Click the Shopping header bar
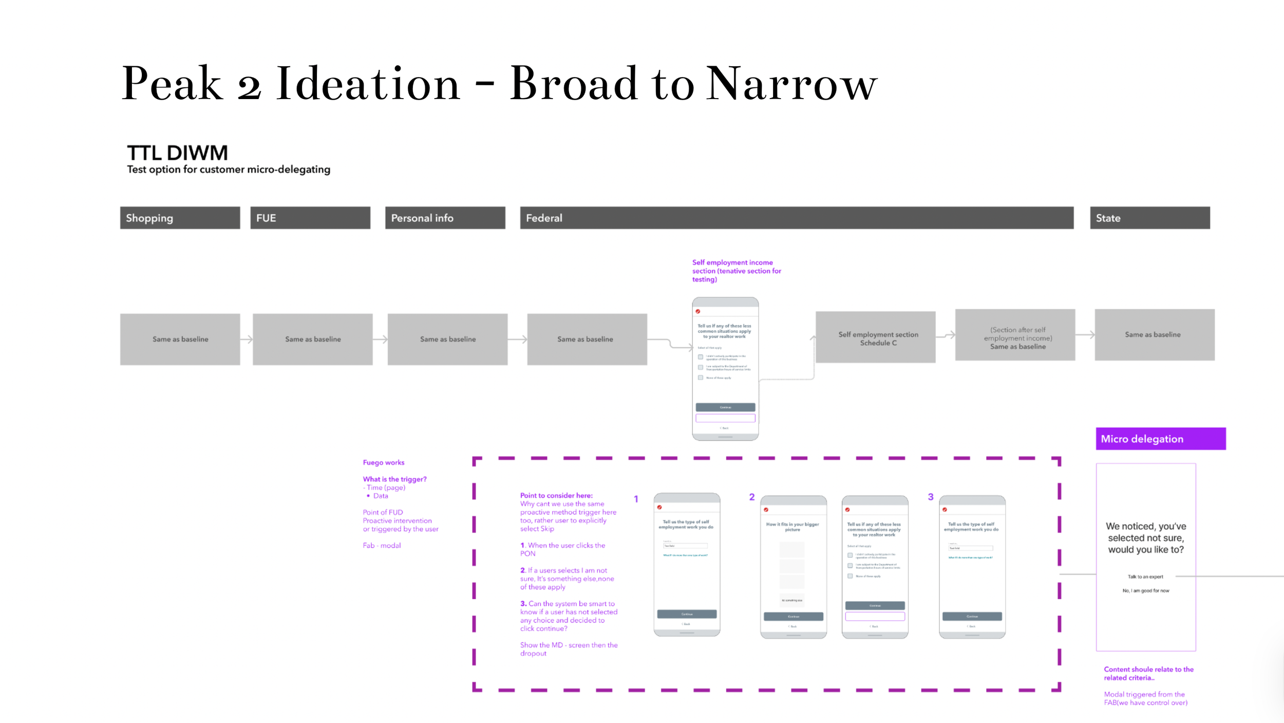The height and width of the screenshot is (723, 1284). (x=180, y=218)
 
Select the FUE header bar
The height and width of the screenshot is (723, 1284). (x=310, y=218)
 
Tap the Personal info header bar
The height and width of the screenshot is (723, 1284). (x=445, y=218)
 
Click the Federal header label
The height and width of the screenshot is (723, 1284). (x=544, y=218)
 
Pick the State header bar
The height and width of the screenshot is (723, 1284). (x=1149, y=218)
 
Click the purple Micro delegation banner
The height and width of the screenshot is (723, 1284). (x=1160, y=439)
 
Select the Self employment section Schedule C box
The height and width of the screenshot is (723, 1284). (x=875, y=338)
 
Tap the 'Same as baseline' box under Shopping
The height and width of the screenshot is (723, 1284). (x=180, y=339)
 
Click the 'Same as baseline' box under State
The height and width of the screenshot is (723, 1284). (x=1154, y=335)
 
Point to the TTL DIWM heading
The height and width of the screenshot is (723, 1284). (x=177, y=153)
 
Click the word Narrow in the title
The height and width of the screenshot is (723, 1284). (x=791, y=84)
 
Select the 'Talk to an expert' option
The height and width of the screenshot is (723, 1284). (x=1145, y=577)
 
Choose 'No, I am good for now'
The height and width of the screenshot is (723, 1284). (x=1145, y=591)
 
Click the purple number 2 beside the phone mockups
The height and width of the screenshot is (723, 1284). (x=751, y=497)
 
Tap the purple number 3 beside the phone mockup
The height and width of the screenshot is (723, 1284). (x=930, y=497)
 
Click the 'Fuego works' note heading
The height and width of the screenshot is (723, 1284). (x=383, y=463)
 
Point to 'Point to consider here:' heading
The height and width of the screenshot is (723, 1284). (x=556, y=496)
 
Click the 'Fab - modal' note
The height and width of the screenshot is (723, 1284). (x=381, y=545)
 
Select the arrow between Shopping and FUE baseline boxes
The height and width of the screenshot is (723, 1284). (x=247, y=339)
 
